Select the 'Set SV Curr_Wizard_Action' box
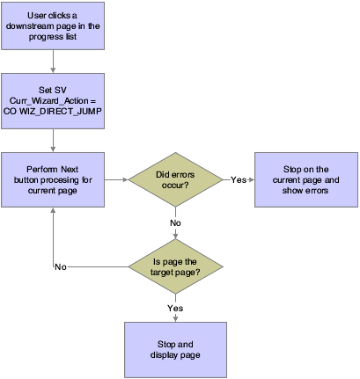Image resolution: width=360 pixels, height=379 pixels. pyautogui.click(x=55, y=100)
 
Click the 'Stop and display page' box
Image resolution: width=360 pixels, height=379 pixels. pyautogui.click(x=177, y=346)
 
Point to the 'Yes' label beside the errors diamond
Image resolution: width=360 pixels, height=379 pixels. pyautogui.click(x=239, y=179)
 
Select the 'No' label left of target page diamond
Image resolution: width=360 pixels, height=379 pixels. pyautogui.click(x=61, y=266)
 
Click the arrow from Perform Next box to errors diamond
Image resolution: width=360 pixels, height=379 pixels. pyautogui.click(x=118, y=179)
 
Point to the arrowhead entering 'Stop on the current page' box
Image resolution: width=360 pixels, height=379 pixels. pyautogui.click(x=251, y=179)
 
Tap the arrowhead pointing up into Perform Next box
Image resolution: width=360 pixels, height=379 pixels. pyautogui.click(x=55, y=211)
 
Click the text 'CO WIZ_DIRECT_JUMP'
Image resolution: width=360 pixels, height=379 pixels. pyautogui.click(x=55, y=112)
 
